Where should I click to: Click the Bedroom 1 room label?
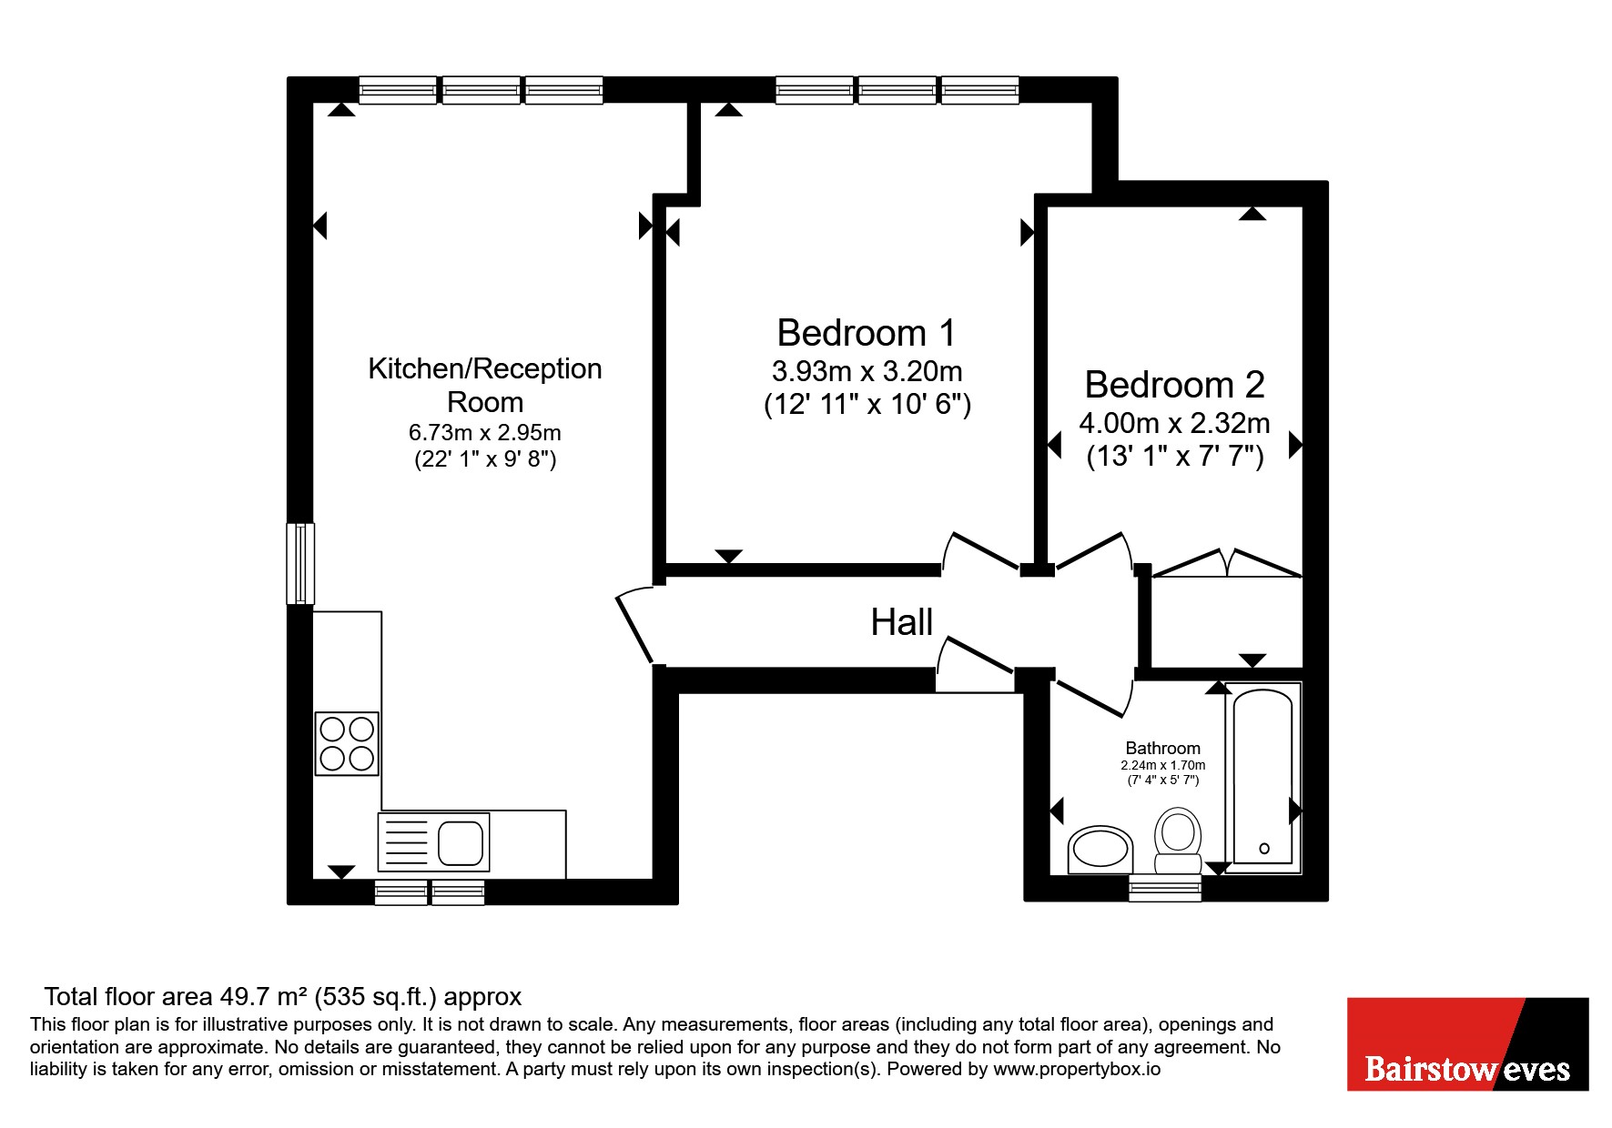pos(867,333)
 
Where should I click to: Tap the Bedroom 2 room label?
pos(1174,385)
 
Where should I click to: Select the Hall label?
pos(901,622)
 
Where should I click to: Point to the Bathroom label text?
pos(1162,749)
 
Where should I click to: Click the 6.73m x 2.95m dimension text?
pos(485,432)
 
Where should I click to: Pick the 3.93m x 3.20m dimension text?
pos(867,371)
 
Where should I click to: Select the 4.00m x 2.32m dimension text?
pos(1174,423)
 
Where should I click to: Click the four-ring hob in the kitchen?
pos(347,743)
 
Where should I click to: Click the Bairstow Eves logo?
pos(1467,1044)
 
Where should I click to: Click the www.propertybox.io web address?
pos(1077,1070)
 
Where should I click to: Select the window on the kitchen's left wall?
pos(300,563)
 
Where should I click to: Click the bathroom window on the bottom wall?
pos(1165,889)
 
